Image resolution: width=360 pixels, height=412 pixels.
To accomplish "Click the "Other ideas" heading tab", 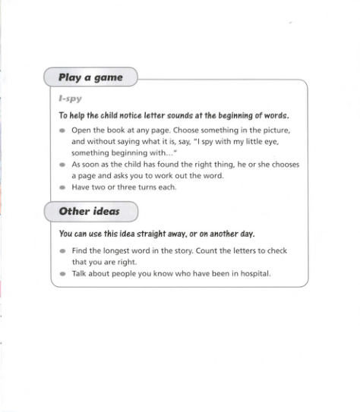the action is pyautogui.click(x=89, y=211).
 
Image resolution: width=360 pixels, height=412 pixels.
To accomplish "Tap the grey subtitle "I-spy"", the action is pyautogui.click(x=70, y=99).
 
